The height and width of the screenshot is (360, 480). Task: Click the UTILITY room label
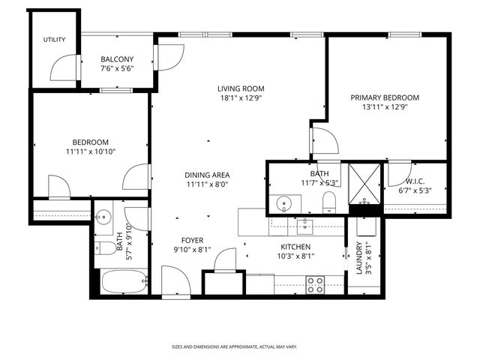(53, 40)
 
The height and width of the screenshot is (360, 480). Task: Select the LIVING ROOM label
(241, 88)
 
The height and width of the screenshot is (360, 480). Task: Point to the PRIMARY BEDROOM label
(384, 97)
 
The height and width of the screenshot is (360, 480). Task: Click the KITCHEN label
(295, 247)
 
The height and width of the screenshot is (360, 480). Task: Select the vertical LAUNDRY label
(360, 257)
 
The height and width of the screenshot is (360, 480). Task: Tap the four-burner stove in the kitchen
(315, 285)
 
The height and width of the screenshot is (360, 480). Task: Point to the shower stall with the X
(364, 178)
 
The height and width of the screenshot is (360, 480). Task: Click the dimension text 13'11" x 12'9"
(384, 107)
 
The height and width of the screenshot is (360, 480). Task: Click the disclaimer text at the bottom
(234, 346)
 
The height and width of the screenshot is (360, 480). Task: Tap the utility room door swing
(62, 69)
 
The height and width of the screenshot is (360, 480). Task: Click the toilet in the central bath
(328, 201)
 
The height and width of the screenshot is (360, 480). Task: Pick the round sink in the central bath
(284, 203)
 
